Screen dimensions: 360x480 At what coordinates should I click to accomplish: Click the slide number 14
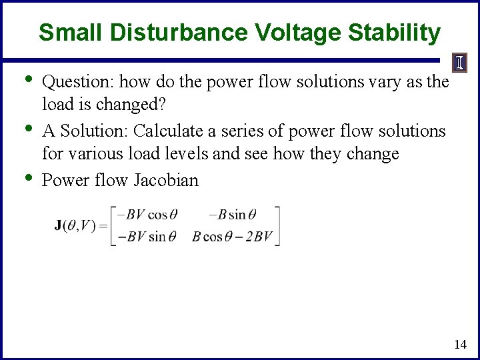[x=459, y=344]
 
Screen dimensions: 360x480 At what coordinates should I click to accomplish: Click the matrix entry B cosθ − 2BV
[x=231, y=236]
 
